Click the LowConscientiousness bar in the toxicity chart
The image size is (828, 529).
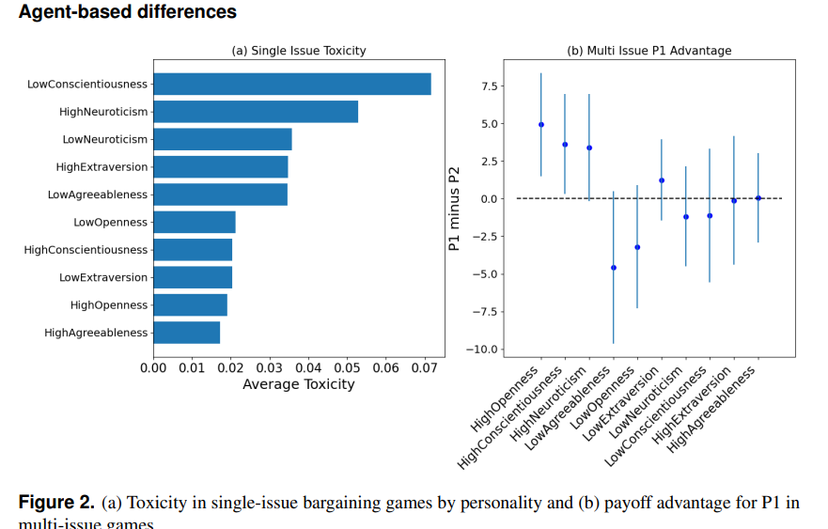[x=291, y=84]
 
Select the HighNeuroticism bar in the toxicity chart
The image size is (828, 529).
[x=255, y=112]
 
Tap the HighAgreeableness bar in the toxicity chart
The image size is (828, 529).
[x=186, y=333]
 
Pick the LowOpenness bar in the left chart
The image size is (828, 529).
[x=194, y=222]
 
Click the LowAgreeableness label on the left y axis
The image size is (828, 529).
[x=98, y=194]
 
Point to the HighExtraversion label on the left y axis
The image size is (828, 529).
[x=102, y=167]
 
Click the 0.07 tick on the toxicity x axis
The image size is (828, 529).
[x=424, y=366]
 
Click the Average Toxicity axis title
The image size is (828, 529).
[x=299, y=384]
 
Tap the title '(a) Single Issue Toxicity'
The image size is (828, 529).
[x=299, y=51]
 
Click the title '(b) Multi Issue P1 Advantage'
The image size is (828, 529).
[x=648, y=51]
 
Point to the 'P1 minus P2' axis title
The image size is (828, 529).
[x=455, y=208]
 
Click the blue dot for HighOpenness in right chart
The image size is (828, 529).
[x=541, y=124]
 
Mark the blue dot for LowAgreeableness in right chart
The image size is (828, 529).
[x=614, y=268]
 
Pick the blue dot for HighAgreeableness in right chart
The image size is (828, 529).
[x=758, y=197]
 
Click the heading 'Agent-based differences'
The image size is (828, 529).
[x=128, y=12]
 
